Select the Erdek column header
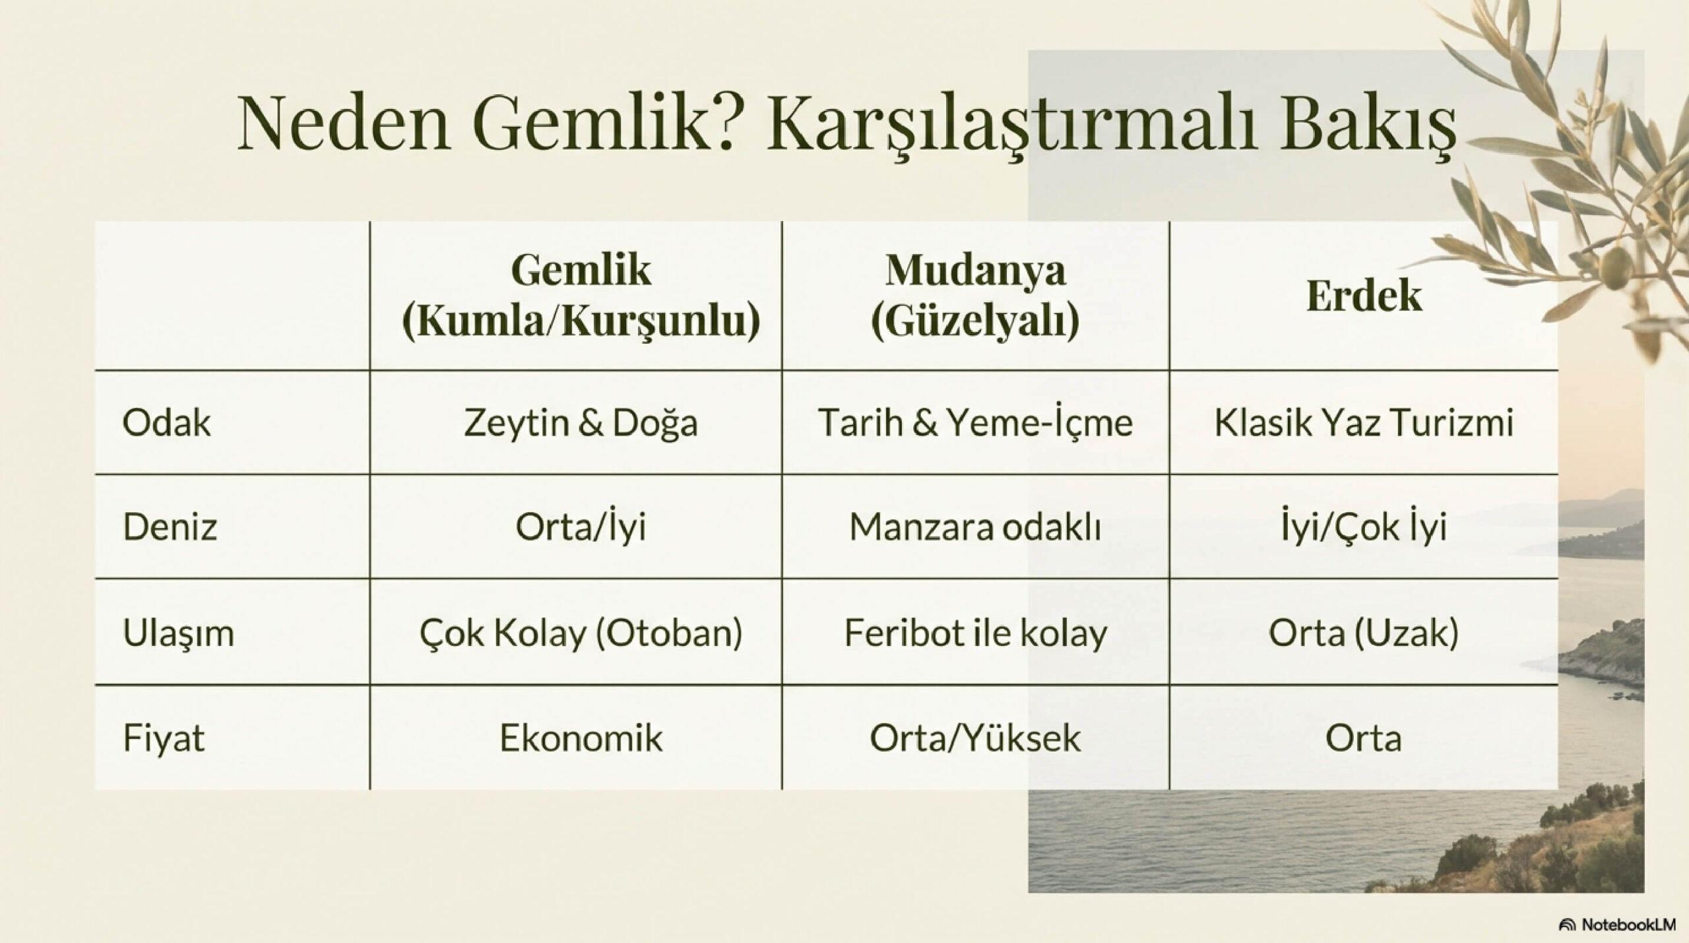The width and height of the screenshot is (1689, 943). click(1364, 295)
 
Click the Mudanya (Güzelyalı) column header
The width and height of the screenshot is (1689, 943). click(975, 296)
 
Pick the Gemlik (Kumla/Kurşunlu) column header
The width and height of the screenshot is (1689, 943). click(581, 296)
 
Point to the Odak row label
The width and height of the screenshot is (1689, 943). click(166, 422)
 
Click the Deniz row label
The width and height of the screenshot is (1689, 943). click(170, 527)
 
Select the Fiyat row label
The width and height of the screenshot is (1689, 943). click(163, 738)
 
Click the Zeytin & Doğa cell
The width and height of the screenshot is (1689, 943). click(581, 423)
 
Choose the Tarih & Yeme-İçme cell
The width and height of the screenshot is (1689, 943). click(975, 422)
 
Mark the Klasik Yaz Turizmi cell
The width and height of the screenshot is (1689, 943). click(1364, 422)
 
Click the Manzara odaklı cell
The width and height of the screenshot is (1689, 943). click(975, 527)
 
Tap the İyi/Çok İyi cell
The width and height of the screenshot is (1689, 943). click(1364, 527)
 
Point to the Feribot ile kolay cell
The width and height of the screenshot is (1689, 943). click(975, 633)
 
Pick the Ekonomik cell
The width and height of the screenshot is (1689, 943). click(581, 738)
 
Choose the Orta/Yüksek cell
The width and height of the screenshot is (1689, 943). click(975, 738)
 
